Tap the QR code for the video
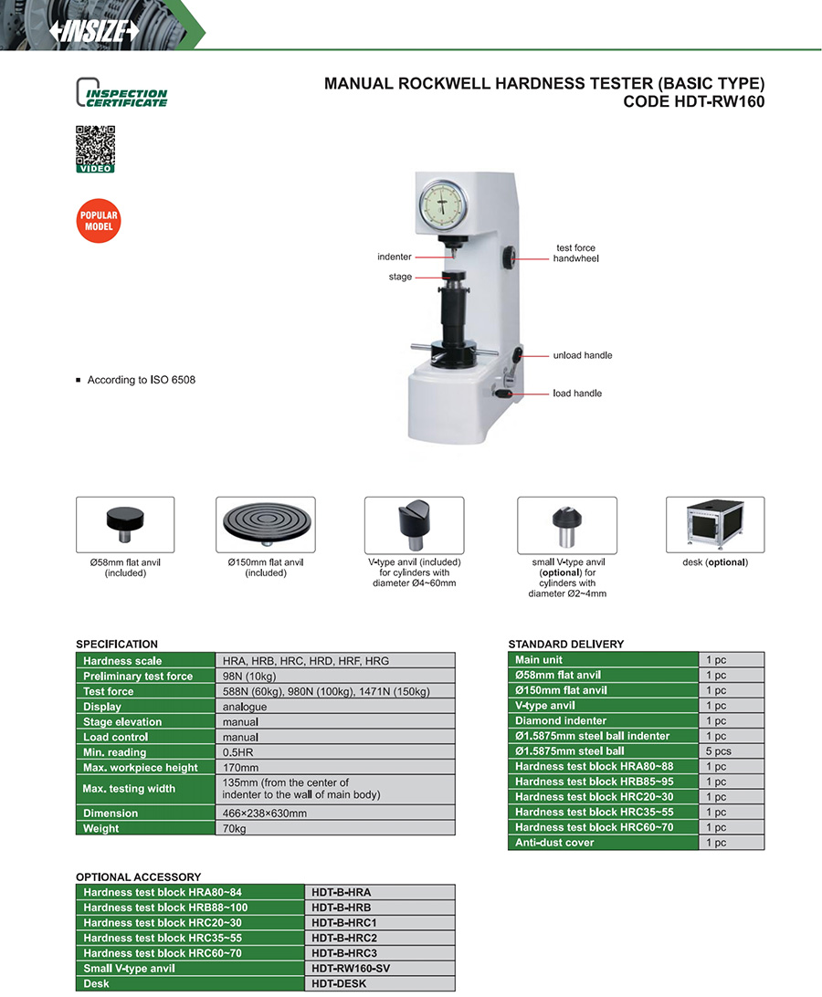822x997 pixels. [95, 145]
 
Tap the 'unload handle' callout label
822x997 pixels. [582, 355]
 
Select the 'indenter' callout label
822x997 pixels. [394, 257]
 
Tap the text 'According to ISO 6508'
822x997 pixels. [141, 380]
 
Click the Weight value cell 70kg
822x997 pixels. [235, 829]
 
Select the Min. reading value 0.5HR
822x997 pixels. [240, 752]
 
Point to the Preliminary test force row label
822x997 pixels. [138, 677]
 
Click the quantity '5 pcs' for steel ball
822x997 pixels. [718, 751]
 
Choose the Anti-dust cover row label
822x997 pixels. [554, 843]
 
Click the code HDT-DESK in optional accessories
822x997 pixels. [340, 984]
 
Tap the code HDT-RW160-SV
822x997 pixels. [351, 969]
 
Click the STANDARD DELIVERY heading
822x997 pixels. [565, 644]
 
